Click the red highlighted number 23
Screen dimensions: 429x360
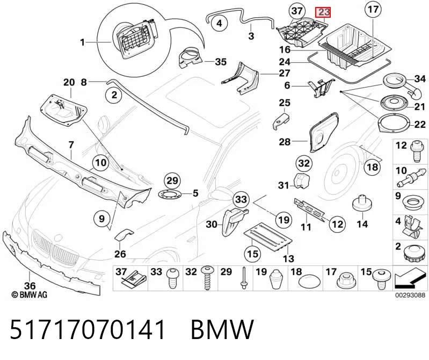tap(323, 12)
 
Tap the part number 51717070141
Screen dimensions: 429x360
tap(88, 329)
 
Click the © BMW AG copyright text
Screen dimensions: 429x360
tap(30, 294)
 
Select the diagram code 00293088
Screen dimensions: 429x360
tap(410, 295)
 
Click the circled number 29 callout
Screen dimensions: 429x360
tap(172, 181)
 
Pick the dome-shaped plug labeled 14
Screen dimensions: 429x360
tap(362, 204)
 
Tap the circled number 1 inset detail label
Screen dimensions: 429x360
tap(82, 42)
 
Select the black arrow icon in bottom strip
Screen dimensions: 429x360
tap(409, 279)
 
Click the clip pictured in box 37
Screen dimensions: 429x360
tap(134, 278)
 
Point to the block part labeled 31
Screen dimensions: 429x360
tap(301, 181)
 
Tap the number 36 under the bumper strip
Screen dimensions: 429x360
tap(30, 286)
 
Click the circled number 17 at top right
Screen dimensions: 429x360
tap(373, 10)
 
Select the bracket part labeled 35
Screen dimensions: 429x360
tap(191, 59)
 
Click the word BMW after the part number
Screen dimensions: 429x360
tap(222, 329)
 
